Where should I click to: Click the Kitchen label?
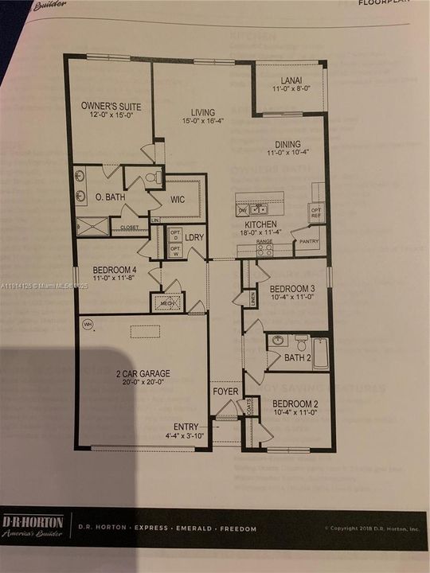tap(260, 225)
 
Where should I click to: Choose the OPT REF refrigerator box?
tap(315, 212)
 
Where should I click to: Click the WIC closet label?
tap(178, 199)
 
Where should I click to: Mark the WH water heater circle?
tap(88, 324)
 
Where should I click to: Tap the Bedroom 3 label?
tap(292, 287)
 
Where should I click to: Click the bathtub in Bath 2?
tap(320, 353)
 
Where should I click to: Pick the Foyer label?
tap(225, 392)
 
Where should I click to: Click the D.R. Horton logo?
tap(33, 526)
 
